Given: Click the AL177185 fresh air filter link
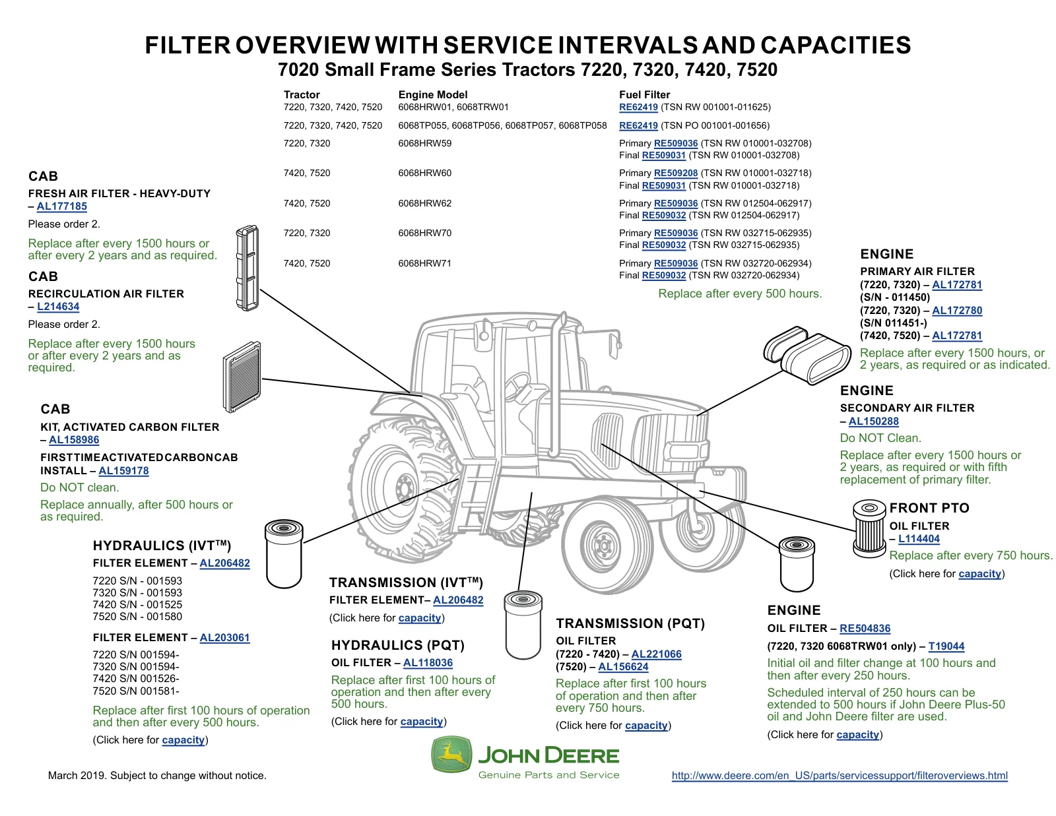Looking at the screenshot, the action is click(x=62, y=206).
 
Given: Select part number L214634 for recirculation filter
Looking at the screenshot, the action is click(x=58, y=307).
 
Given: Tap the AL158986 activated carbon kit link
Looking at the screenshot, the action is click(x=74, y=439).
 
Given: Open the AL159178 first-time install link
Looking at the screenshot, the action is click(x=123, y=470).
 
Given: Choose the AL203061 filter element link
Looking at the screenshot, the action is click(x=224, y=637).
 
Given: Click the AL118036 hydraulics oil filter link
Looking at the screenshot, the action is click(x=428, y=662).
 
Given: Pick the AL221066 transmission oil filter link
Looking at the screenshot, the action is click(x=656, y=654).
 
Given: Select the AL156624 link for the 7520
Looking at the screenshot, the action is click(x=623, y=666).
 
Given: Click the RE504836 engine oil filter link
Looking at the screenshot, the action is click(x=865, y=628).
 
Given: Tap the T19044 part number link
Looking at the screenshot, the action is click(x=946, y=646).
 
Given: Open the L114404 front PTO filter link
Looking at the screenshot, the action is click(x=919, y=539).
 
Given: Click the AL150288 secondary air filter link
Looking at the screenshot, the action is click(x=873, y=421).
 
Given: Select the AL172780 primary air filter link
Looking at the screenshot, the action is click(x=957, y=310).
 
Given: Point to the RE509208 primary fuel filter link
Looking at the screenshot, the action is click(x=675, y=173).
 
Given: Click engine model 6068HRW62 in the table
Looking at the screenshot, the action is click(x=425, y=203).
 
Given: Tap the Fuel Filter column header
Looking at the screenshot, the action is click(x=644, y=95).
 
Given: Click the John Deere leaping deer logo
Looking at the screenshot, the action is click(x=451, y=754).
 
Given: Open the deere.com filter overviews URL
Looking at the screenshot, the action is click(x=840, y=776).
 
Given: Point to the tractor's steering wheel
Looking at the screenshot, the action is click(x=517, y=385).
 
